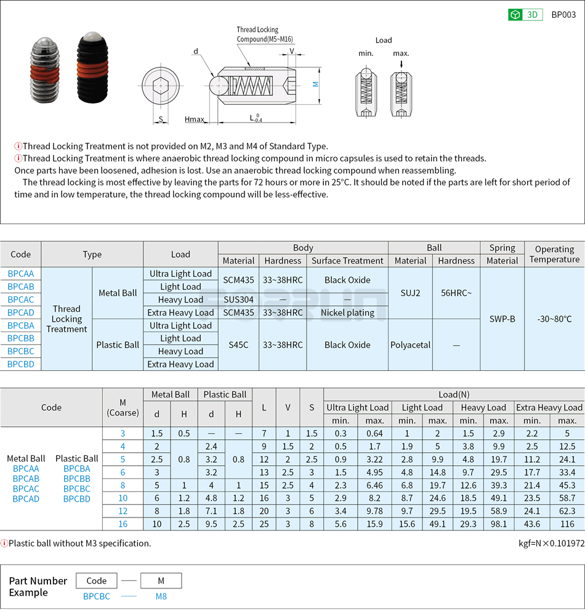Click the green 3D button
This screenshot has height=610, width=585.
coord(525,15)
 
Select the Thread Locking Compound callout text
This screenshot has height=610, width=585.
coord(257,35)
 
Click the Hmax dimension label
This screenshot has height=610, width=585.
coord(194,119)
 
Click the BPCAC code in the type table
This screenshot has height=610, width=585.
coord(20,299)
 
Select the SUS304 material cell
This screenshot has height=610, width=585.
coord(238,299)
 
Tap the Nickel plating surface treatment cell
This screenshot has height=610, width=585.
coord(347,312)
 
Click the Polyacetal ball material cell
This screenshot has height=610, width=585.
coord(410,345)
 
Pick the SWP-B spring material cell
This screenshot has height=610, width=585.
coord(502,319)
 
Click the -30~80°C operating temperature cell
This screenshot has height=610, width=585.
coord(554,319)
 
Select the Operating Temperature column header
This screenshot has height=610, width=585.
coord(554,254)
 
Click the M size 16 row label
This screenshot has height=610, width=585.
coord(123,524)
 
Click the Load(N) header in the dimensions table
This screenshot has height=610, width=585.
coord(453,394)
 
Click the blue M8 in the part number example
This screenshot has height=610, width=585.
coord(161,596)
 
